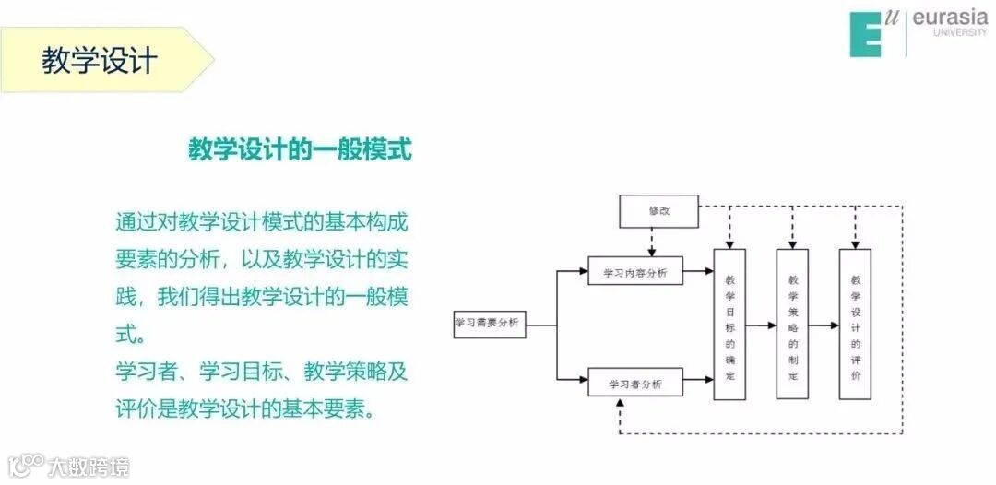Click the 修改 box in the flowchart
point(658,211)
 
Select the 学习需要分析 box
point(489,325)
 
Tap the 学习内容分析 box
point(634,272)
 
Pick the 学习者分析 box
point(634,383)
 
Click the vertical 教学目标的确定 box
point(729,325)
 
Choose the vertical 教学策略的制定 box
point(792,325)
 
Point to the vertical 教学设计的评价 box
point(855,325)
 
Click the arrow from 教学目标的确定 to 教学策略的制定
point(761,325)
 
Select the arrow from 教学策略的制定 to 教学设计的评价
point(824,325)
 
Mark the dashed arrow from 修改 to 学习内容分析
point(652,242)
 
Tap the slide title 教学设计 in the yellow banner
point(100,61)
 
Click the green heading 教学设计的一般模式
point(300,148)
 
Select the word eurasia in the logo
point(949,18)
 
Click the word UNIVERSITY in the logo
point(959,33)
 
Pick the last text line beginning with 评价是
point(245,408)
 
